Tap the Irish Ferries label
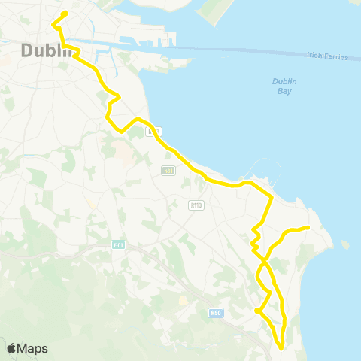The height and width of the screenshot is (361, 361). coord(327,56)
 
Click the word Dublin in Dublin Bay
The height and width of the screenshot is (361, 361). coord(281,82)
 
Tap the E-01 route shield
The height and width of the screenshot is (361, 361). coord(117,245)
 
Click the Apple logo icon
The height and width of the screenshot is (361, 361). coord(11,348)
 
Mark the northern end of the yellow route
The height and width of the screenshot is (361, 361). coord(66,13)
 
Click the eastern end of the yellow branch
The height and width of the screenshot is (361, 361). coord(308,227)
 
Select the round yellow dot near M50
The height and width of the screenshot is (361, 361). coord(257,311)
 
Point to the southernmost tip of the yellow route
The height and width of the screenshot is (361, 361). coord(281,347)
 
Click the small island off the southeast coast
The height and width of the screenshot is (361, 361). coord(345,244)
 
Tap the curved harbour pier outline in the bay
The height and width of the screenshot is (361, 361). coord(262,171)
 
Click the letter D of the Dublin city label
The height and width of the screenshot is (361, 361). coord(25,52)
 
